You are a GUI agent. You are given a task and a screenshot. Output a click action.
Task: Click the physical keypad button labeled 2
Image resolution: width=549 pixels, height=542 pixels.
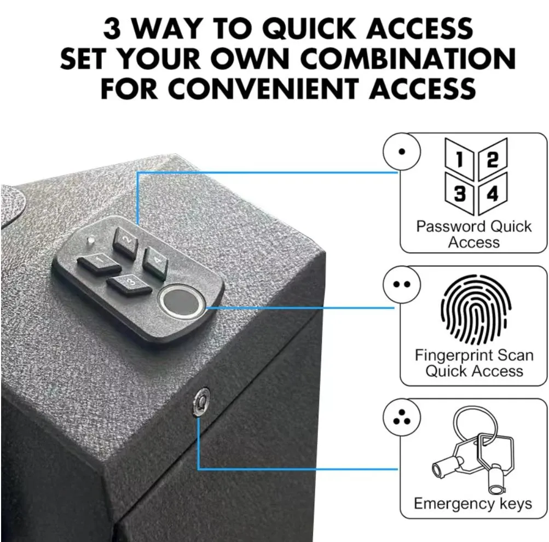click(x=126, y=240)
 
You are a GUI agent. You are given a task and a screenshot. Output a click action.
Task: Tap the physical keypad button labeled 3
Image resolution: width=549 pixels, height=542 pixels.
click(x=130, y=283)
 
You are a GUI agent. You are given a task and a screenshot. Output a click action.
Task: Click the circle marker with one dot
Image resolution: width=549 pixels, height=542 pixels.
click(x=402, y=151)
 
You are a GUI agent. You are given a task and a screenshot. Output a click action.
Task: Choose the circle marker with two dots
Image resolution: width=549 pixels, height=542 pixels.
click(x=402, y=284)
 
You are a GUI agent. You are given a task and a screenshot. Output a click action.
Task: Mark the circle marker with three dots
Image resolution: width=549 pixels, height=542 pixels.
click(x=402, y=418)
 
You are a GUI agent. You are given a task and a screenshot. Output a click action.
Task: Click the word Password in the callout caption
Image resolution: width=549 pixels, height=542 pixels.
click(x=450, y=226)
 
